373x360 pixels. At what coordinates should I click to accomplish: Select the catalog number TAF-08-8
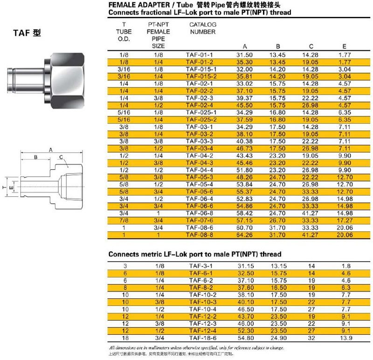(200, 235)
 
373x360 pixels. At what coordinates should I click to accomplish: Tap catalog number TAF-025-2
(200, 119)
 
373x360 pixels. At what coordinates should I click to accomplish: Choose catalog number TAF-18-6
(200, 338)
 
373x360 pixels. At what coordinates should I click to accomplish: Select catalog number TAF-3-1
(200, 265)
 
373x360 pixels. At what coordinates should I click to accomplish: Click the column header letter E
(344, 46)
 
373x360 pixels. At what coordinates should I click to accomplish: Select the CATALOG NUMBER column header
(203, 28)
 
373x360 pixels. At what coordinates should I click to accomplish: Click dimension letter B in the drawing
(35, 158)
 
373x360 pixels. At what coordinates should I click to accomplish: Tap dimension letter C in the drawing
(61, 158)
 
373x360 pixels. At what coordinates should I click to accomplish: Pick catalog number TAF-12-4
(200, 331)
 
